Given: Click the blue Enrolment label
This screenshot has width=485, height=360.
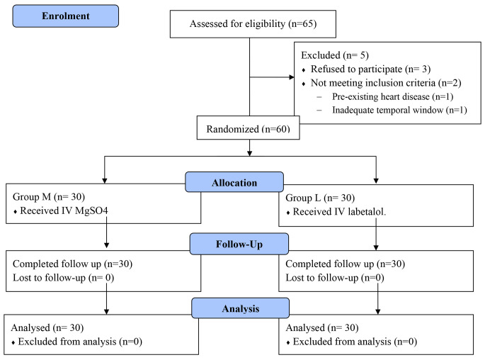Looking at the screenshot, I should pos(65,17).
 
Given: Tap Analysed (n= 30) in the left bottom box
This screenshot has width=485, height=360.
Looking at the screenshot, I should pos(45,327).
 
